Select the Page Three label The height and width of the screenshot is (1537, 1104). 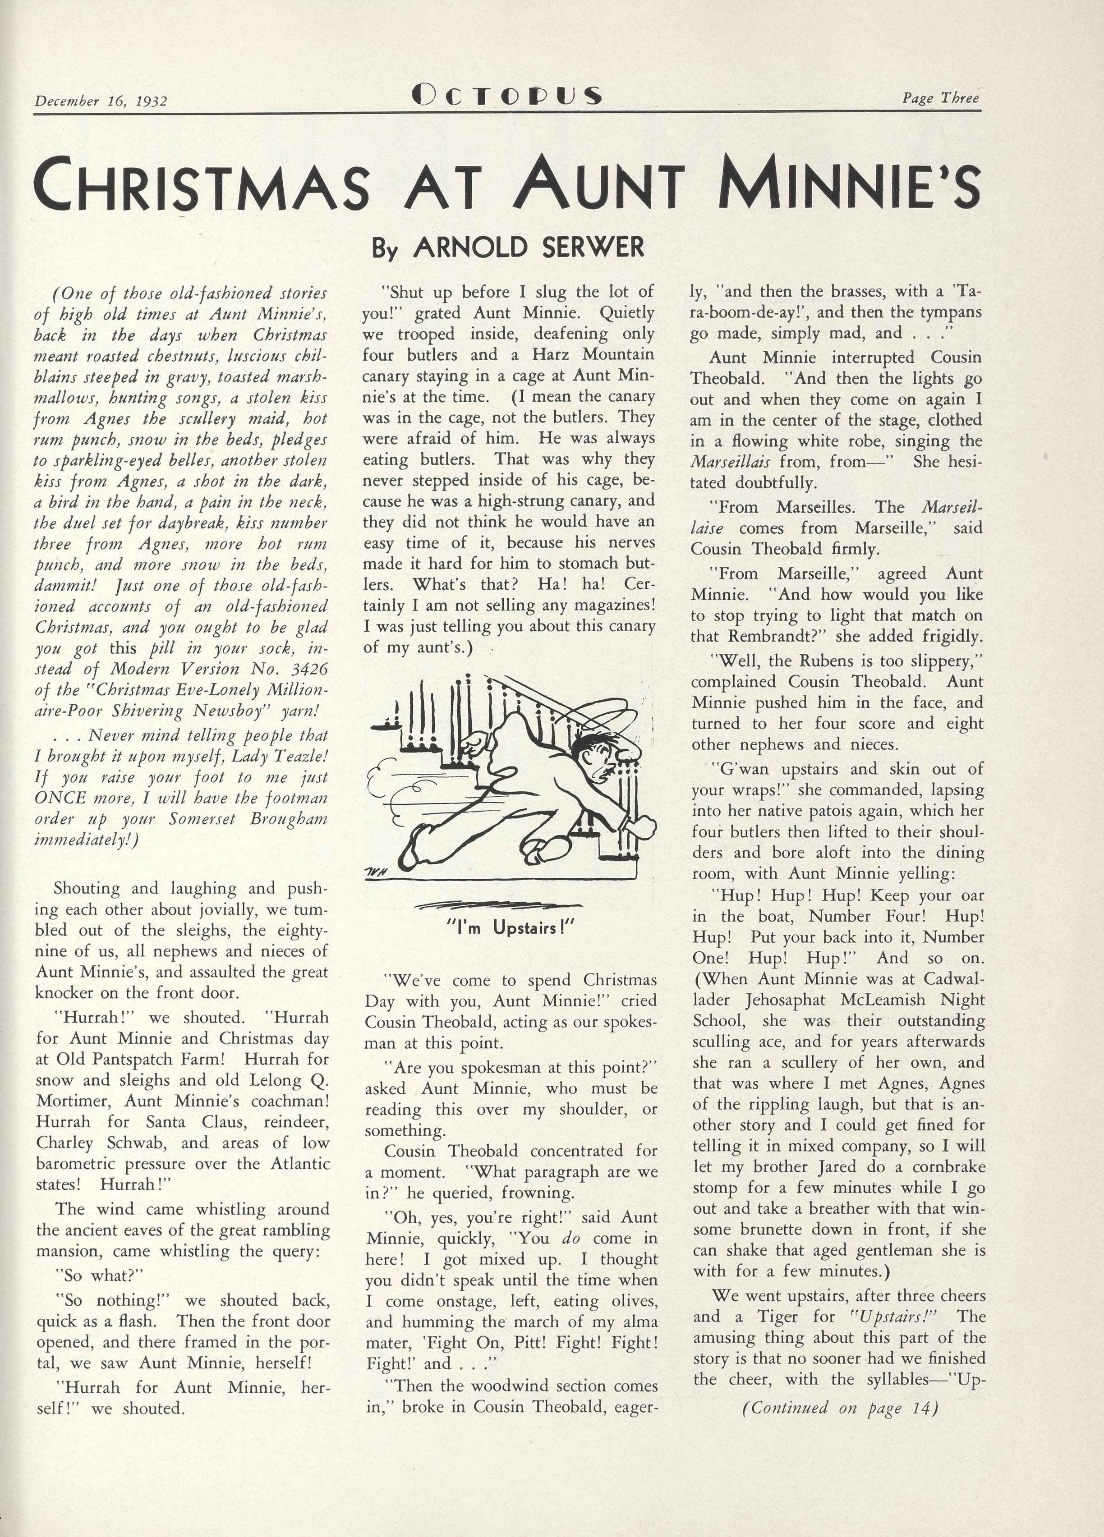[940, 98]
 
